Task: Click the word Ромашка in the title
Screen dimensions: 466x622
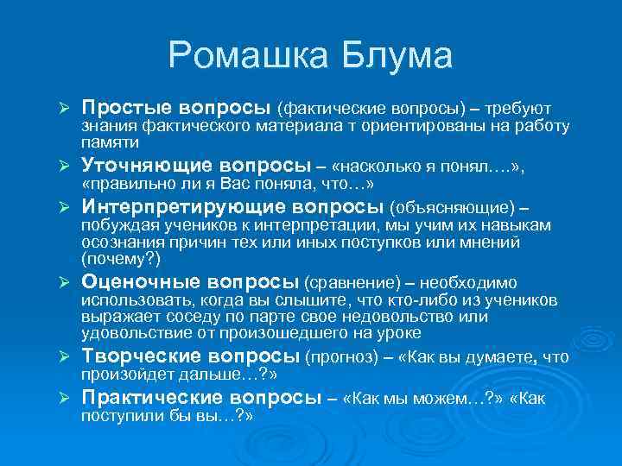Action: click(247, 57)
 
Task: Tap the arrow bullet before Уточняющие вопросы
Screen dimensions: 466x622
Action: click(63, 167)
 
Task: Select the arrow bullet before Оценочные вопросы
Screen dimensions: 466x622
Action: click(63, 282)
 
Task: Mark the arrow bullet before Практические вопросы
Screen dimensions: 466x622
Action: click(63, 399)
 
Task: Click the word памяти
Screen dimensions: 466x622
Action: click(111, 142)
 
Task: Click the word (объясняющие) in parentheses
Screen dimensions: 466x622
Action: click(453, 208)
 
